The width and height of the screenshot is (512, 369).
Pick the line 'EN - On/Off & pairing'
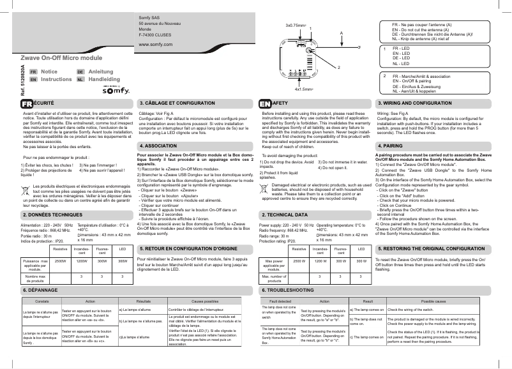coord(415,81)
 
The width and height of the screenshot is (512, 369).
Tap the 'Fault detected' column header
coord(280,300)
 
